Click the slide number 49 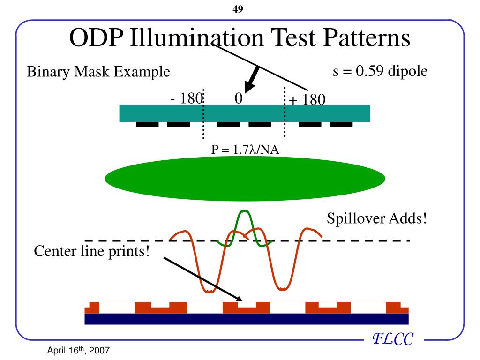(238, 9)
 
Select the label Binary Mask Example (98, 72)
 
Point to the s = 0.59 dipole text (380, 72)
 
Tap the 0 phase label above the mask (239, 98)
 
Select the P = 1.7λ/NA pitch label (245, 150)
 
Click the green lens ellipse (245, 178)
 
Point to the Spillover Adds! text (376, 218)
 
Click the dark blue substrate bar (246, 319)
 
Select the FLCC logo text (392, 338)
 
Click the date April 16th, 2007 (79, 351)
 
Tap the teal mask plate (244, 113)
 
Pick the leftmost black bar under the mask (147, 124)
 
